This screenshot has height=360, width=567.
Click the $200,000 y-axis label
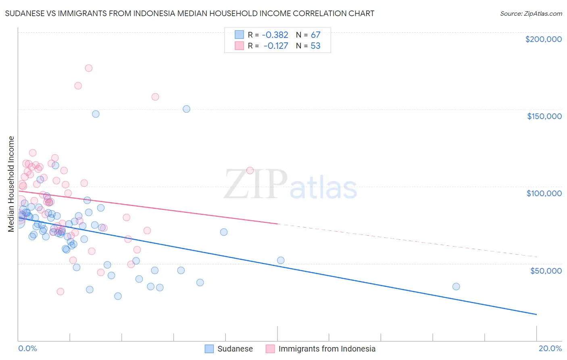543,39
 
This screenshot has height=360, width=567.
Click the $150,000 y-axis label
544,116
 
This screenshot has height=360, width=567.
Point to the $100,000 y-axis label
544,193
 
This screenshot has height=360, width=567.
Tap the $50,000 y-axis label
546,270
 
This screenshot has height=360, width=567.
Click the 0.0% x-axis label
27,348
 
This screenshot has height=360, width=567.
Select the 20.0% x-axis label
550,348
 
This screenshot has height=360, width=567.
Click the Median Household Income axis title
11,184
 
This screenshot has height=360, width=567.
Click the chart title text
190,13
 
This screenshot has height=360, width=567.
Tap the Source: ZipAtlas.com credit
531,13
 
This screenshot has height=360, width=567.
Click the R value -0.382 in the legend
275,35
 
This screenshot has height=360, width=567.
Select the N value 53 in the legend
315,46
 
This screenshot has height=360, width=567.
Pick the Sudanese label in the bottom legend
235,349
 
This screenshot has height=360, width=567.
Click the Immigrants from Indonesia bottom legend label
327,349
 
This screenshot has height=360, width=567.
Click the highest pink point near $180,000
89,68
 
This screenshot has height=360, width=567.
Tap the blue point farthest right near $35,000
456,287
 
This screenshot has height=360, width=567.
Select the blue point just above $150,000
186,109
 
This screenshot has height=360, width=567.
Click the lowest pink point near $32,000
60,291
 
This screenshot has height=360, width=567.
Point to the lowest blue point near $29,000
118,296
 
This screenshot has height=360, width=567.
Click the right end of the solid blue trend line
536,314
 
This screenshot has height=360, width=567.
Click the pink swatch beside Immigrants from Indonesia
270,349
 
